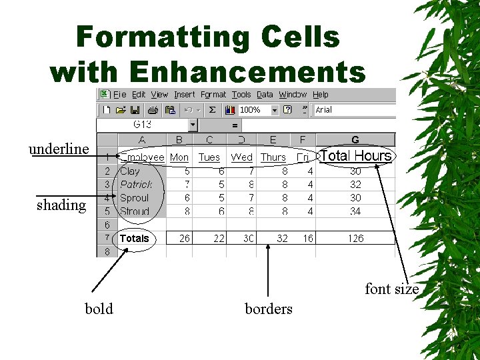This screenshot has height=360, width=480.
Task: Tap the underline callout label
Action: click(x=59, y=149)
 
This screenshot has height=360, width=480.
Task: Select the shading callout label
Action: click(x=61, y=205)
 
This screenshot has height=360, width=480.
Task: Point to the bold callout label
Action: click(x=99, y=309)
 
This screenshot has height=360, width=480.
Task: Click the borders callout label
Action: click(x=268, y=309)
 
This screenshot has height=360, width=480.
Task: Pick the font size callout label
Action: click(x=391, y=289)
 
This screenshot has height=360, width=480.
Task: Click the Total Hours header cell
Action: click(x=355, y=156)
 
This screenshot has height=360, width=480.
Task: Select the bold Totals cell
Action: click(x=135, y=238)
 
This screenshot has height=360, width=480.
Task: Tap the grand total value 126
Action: click(x=355, y=238)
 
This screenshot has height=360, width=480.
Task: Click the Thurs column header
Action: click(x=273, y=157)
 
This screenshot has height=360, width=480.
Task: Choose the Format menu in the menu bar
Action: click(x=213, y=95)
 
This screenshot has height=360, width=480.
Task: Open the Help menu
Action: click(x=321, y=95)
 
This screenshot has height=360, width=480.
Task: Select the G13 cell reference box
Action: click(x=143, y=125)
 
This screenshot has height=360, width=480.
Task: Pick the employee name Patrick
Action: click(x=136, y=184)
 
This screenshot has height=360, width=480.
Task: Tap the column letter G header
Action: click(x=355, y=140)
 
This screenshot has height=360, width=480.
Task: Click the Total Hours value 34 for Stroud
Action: click(x=355, y=211)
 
